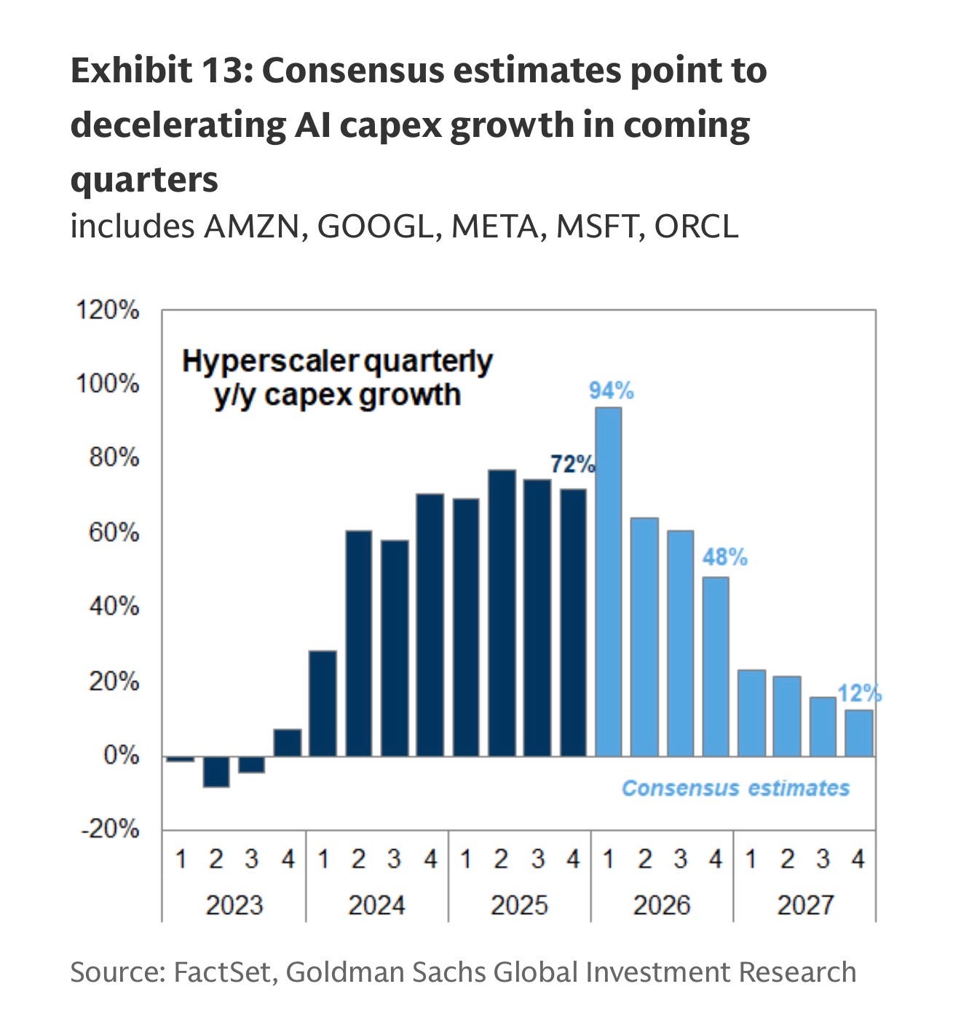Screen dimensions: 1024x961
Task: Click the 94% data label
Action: [x=611, y=391]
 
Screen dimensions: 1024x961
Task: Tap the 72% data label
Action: [x=572, y=463]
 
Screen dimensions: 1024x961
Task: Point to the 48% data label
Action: [x=724, y=557]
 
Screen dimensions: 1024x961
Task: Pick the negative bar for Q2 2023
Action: [x=216, y=771]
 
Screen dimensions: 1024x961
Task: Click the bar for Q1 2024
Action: [x=323, y=703]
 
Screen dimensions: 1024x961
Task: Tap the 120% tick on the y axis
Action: [x=108, y=310]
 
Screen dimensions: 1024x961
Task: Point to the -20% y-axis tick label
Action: [x=110, y=829]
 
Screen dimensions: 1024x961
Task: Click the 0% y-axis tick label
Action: [x=121, y=755]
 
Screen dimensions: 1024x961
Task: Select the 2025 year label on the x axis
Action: [x=519, y=905]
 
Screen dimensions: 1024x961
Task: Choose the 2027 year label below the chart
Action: [x=804, y=905]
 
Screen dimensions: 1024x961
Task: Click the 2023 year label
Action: [x=234, y=905]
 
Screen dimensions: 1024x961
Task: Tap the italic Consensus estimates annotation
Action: [x=735, y=788]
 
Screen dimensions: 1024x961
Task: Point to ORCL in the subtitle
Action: [x=696, y=227]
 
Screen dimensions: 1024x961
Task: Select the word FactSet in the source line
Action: [x=221, y=972]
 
